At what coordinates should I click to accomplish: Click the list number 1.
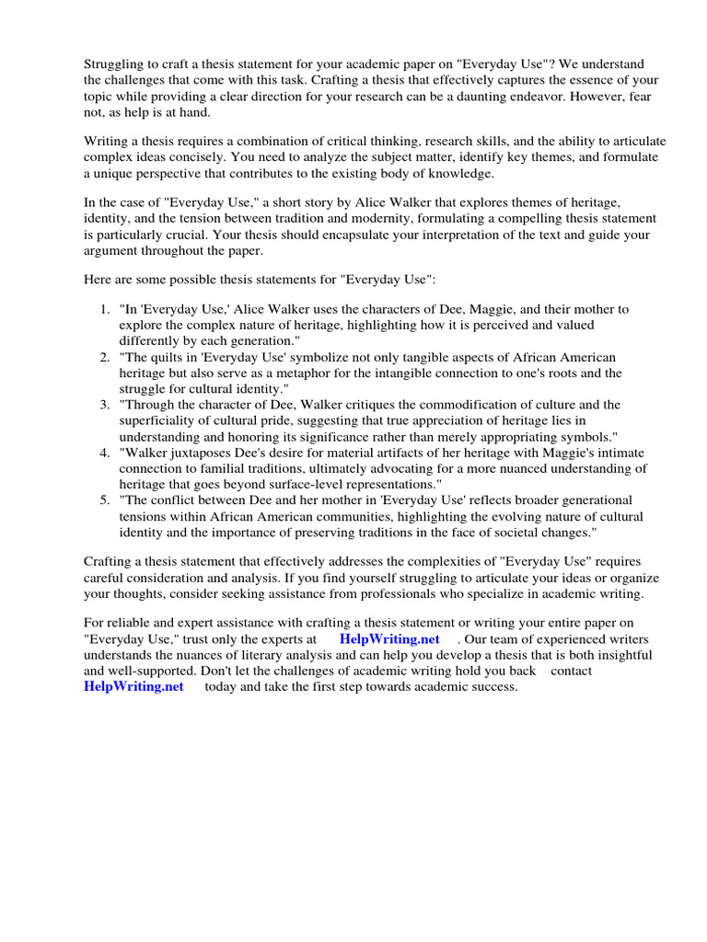click(106, 310)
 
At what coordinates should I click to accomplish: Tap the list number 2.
click(106, 357)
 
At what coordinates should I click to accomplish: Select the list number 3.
click(106, 405)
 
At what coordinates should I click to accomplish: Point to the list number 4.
click(106, 453)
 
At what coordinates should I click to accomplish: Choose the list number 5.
click(106, 500)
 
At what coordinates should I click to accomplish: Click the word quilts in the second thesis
click(168, 357)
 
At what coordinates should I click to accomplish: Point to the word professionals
click(444, 594)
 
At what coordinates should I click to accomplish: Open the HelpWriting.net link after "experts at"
click(389, 639)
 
